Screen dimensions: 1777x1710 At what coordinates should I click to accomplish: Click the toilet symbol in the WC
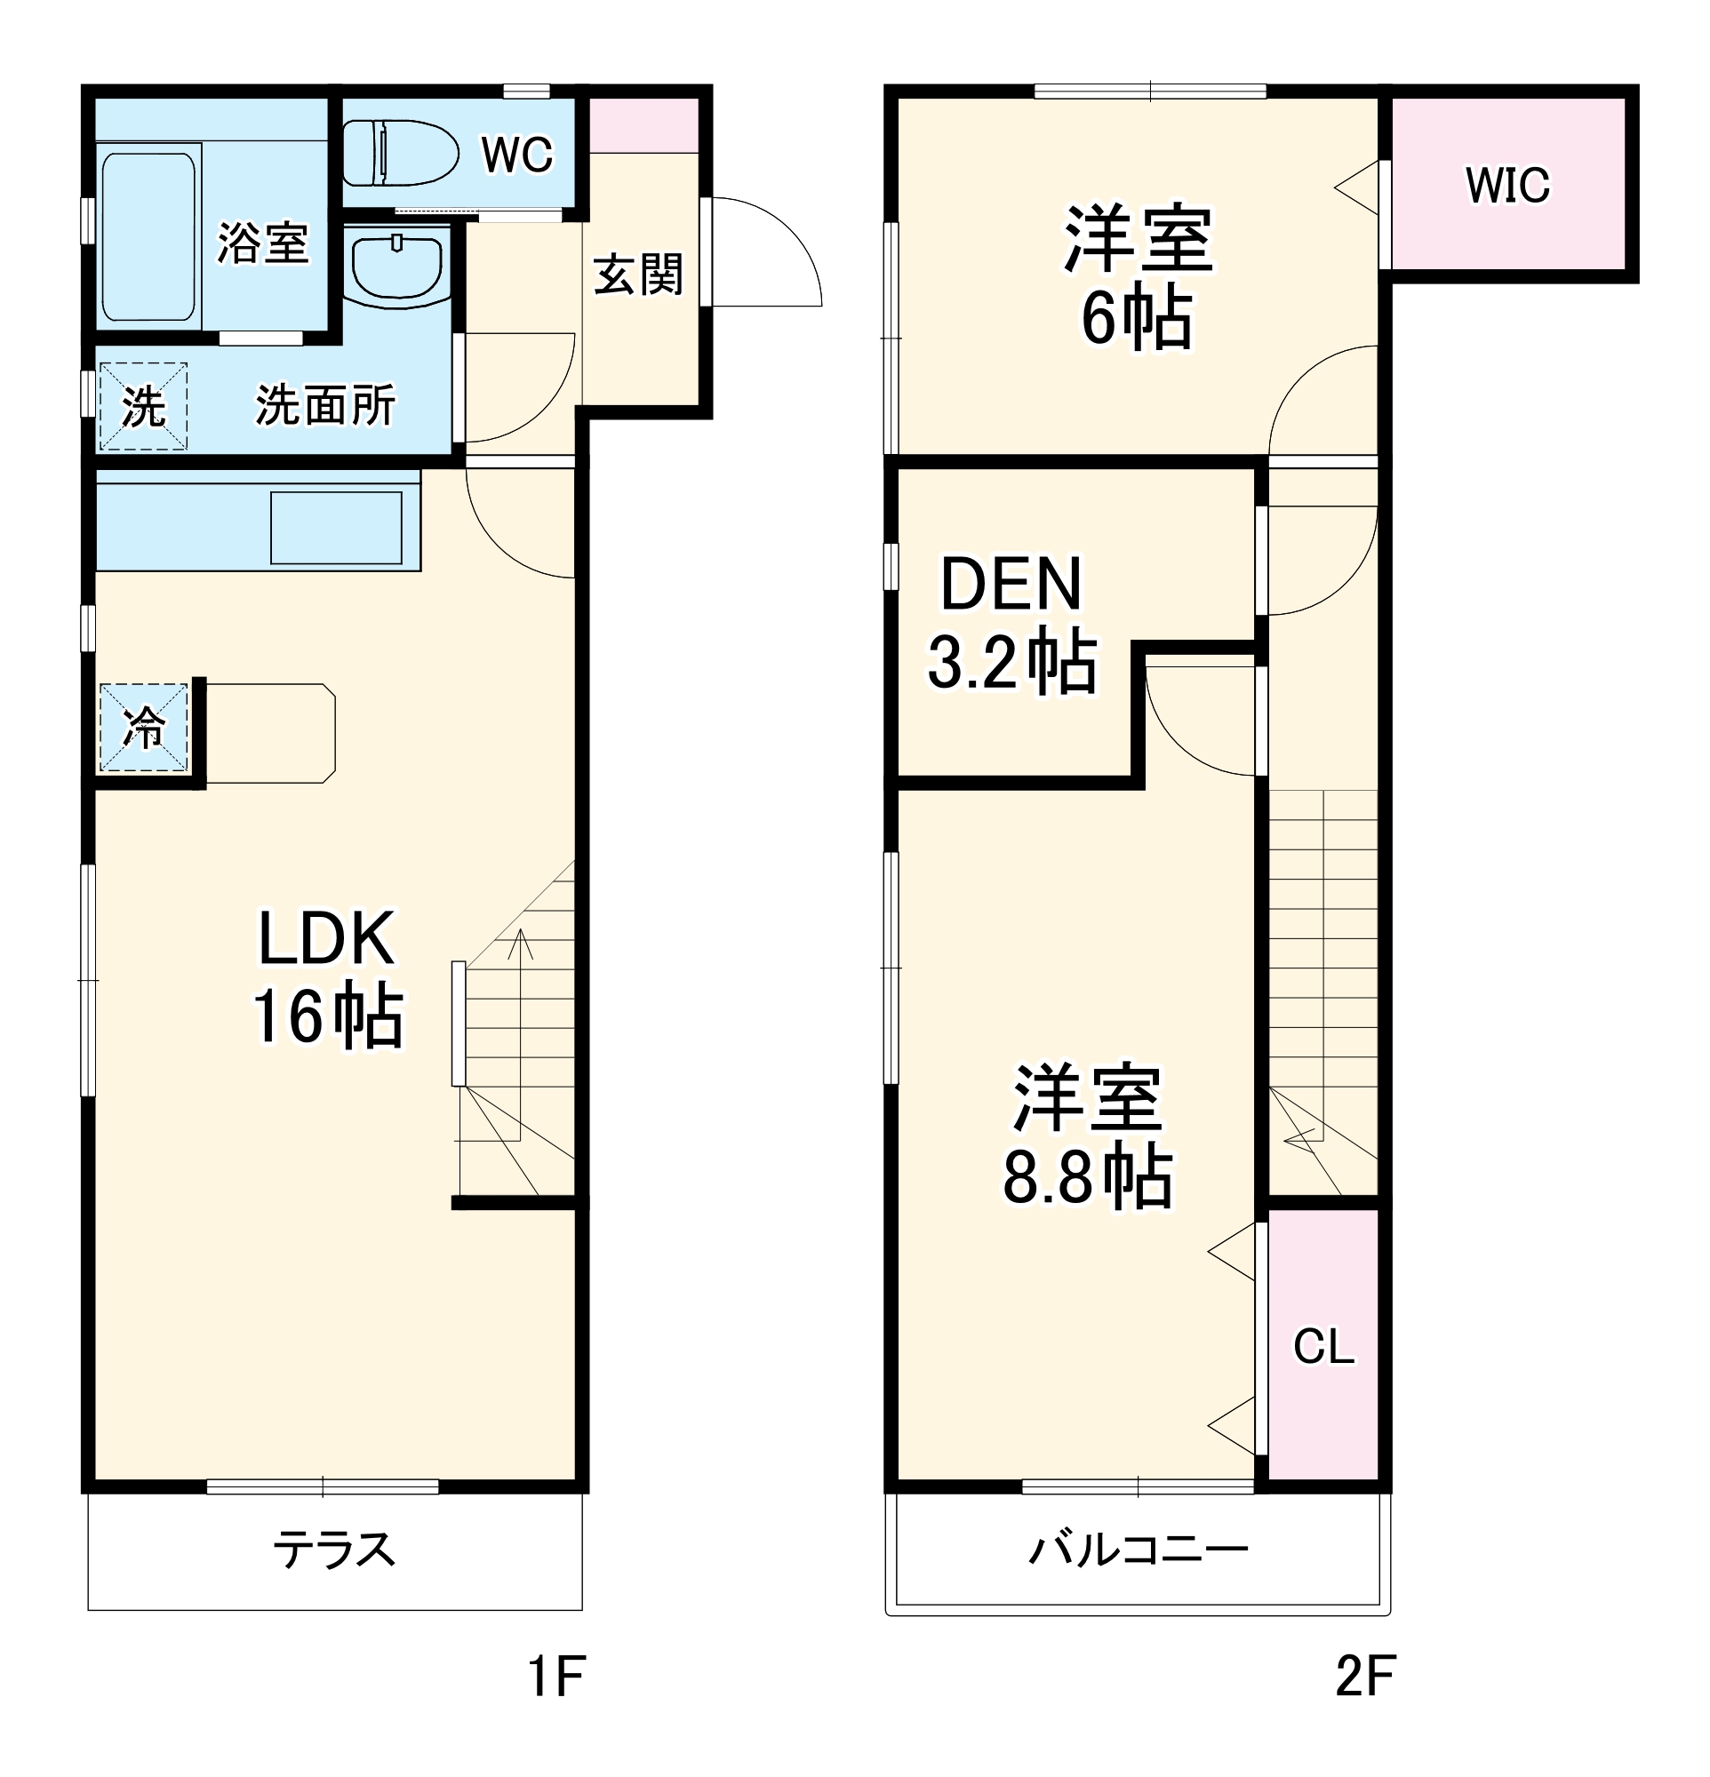[x=400, y=152]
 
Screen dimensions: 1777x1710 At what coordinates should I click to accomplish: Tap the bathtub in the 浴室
[x=148, y=237]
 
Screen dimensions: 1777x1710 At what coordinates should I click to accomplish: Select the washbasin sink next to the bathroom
[x=397, y=265]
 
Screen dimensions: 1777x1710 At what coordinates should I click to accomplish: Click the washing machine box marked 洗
[x=143, y=406]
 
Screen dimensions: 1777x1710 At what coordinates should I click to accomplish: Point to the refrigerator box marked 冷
[x=143, y=727]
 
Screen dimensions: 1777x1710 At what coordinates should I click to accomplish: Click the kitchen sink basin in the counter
[x=335, y=528]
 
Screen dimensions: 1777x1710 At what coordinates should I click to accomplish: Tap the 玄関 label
[x=638, y=274]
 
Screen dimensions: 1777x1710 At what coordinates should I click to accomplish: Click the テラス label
[x=333, y=1550]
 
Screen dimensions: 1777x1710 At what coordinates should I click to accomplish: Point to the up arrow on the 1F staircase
[x=521, y=943]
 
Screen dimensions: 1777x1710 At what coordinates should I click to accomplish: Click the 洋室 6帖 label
[x=1137, y=277]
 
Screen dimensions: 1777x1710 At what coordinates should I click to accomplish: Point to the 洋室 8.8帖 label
[x=1087, y=1136]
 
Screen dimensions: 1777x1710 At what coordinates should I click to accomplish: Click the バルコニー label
[x=1137, y=1550]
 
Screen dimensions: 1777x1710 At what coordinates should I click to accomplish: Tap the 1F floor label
[x=555, y=1677]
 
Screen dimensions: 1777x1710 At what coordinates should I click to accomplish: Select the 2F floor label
[x=1363, y=1677]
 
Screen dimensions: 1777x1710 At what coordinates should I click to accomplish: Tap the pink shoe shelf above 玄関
[x=643, y=125]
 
